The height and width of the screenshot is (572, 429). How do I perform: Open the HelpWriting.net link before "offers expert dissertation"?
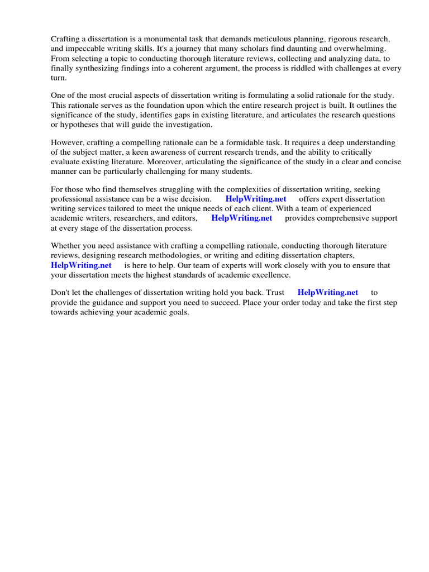(256, 199)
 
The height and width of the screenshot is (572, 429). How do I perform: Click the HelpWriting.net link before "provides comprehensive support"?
(242, 218)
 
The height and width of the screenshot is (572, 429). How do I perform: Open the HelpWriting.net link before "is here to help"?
(81, 265)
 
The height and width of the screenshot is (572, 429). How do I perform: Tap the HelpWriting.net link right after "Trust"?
(328, 292)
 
